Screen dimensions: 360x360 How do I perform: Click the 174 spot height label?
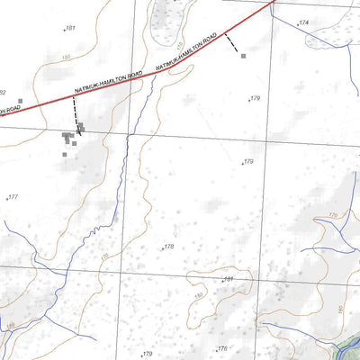pos(303,22)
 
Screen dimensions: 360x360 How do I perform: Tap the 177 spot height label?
pos(13,197)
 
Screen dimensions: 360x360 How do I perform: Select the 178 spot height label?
pos(168,246)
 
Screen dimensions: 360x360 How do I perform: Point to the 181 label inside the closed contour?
pos(229,280)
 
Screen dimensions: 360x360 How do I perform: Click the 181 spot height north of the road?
pos(71,29)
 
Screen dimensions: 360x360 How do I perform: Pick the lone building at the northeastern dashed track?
pos(243,56)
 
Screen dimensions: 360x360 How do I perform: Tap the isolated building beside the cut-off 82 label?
pos(20,102)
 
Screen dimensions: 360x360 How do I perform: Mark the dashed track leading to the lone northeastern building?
pos(232,43)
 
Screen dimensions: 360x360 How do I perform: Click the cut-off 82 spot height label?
pos(3,93)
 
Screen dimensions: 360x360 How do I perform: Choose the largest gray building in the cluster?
pos(67,136)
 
